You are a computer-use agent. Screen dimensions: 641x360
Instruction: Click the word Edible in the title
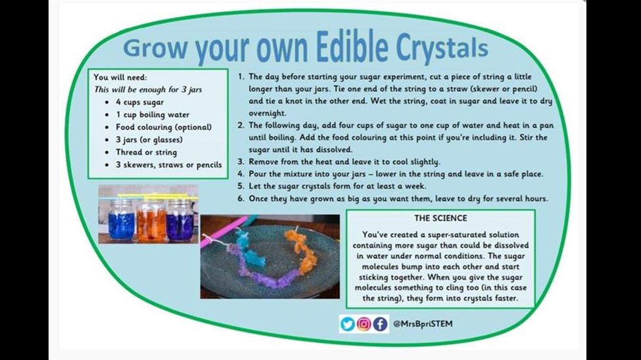pos(352,46)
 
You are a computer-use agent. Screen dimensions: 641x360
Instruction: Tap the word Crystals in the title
pos(442,47)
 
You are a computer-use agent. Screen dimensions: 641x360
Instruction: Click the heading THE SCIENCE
pos(440,218)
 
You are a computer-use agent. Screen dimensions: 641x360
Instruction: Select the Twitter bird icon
pos(348,324)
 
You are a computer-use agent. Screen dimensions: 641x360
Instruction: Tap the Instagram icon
pos(364,324)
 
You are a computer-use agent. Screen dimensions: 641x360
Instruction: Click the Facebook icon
pos(380,324)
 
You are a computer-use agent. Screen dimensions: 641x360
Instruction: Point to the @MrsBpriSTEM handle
pos(423,324)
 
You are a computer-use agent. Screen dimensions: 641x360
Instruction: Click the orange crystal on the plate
pos(301,250)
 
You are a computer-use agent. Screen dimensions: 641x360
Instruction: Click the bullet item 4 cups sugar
pos(140,102)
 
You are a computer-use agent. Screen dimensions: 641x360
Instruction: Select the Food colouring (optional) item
pos(164,127)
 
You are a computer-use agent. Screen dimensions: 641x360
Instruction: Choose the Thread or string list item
pos(147,152)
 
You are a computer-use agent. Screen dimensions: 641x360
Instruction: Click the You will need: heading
pos(120,78)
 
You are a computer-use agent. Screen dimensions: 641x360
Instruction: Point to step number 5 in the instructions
pos(241,187)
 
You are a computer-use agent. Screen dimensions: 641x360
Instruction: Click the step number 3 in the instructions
pos(241,162)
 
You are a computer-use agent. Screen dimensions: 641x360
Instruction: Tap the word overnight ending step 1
pos(268,113)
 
